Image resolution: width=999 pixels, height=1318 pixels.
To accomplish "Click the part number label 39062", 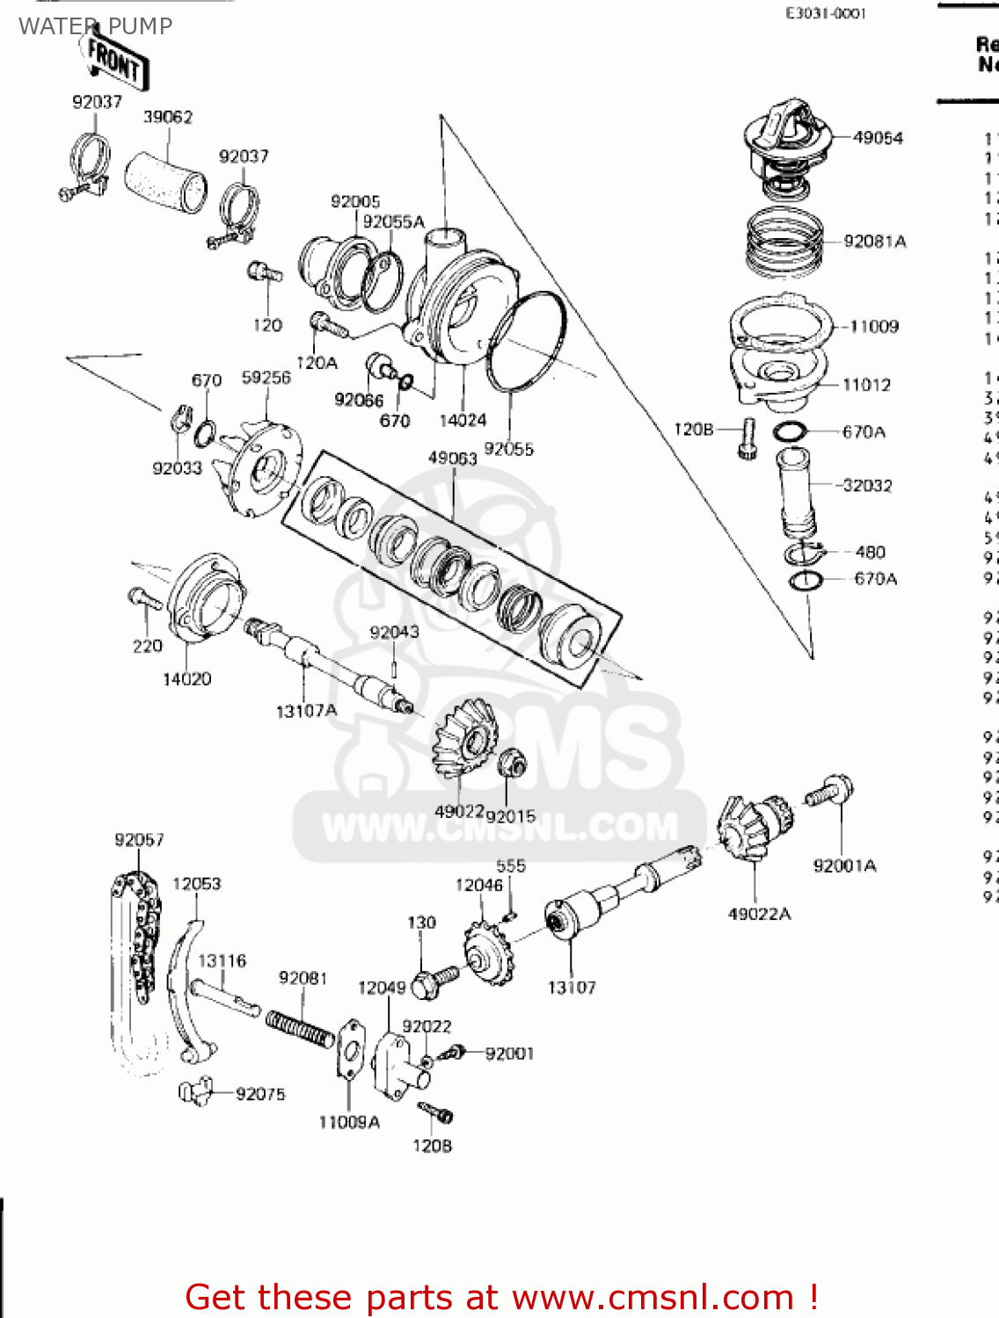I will [x=168, y=117].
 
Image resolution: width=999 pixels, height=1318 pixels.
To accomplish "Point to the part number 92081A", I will [x=874, y=242].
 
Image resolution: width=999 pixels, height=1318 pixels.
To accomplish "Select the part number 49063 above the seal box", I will [x=452, y=458].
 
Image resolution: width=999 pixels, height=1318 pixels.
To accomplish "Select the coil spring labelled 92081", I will [x=300, y=1029].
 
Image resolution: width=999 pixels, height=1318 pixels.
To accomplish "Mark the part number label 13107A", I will [x=306, y=711].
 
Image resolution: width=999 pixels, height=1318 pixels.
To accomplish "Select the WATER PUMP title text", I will [x=95, y=26].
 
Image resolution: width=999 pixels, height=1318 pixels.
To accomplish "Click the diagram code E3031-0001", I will [x=825, y=13].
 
